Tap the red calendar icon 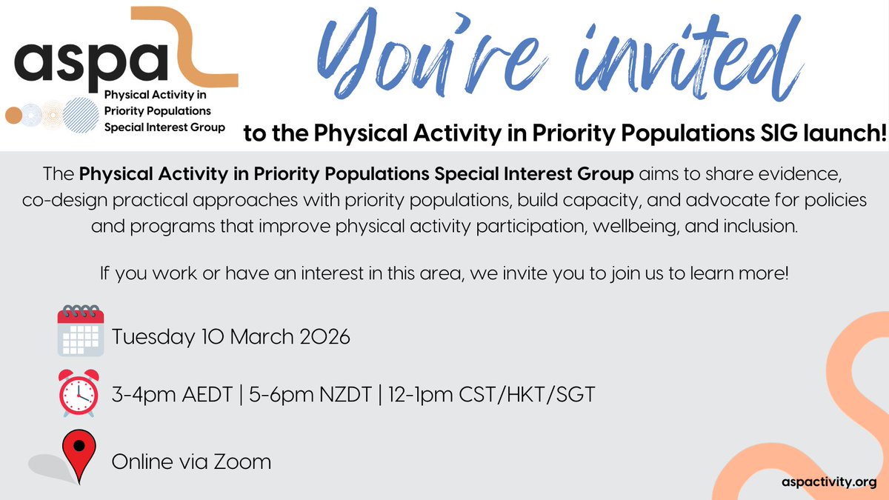click(x=79, y=330)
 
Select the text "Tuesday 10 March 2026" click(x=230, y=337)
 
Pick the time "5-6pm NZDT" click(x=300, y=396)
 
